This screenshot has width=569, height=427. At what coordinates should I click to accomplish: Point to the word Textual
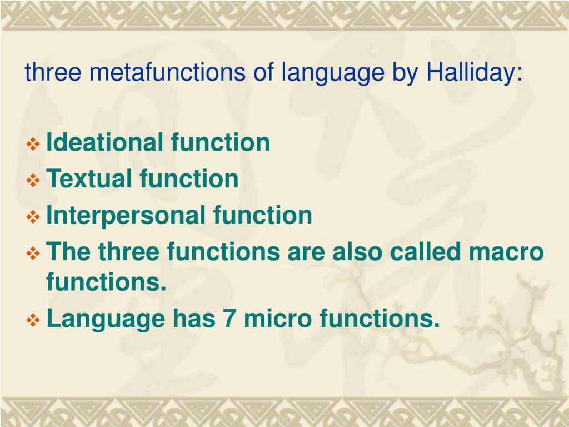tap(89, 179)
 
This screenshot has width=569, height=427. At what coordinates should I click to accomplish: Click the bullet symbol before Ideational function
tap(34, 145)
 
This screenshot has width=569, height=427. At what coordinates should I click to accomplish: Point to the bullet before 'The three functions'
tap(34, 254)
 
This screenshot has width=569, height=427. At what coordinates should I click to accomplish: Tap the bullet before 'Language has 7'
tap(34, 321)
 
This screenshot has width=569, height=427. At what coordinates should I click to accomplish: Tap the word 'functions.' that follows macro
tap(106, 282)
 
